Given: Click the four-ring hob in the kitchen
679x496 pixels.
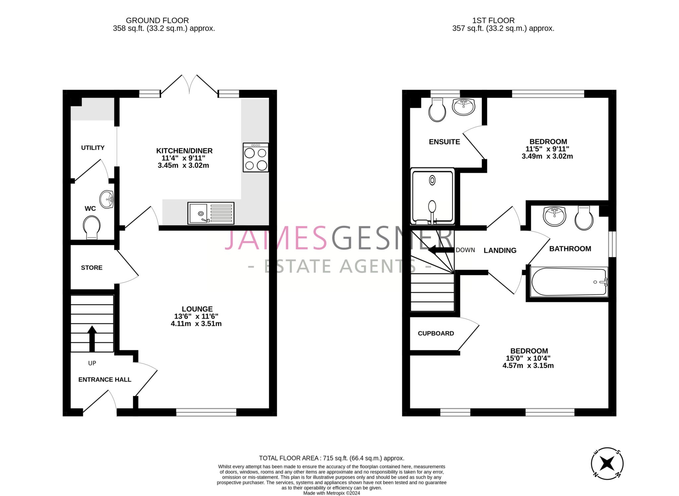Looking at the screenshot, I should click(256, 157).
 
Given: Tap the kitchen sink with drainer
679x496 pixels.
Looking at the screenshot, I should click(211, 213).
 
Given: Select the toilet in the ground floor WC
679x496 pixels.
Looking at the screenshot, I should click(92, 227).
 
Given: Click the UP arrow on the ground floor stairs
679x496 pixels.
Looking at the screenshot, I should click(92, 338).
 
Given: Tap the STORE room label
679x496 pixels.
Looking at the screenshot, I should click(92, 268).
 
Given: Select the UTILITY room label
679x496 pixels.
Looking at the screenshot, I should click(93, 148).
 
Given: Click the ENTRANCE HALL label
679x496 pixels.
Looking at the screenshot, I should click(105, 380).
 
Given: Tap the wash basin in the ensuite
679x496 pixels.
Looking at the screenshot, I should click(463, 106).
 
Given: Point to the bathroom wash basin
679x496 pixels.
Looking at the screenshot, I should click(554, 216).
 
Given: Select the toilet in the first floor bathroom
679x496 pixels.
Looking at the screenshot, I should click(584, 218).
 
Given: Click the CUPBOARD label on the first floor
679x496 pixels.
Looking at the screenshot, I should click(436, 333).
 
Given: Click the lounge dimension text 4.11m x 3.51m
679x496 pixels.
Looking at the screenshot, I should click(196, 324).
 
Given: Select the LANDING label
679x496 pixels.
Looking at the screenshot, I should click(500, 250).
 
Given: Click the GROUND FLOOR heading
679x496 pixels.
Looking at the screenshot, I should click(157, 21).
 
